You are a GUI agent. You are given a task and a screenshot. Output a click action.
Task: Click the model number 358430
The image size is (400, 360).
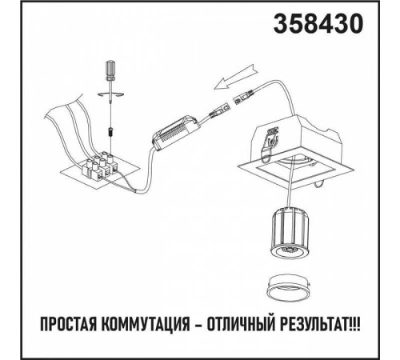(x=318, y=26)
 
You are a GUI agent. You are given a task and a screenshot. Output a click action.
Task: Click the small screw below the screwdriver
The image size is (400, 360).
(x=108, y=128)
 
